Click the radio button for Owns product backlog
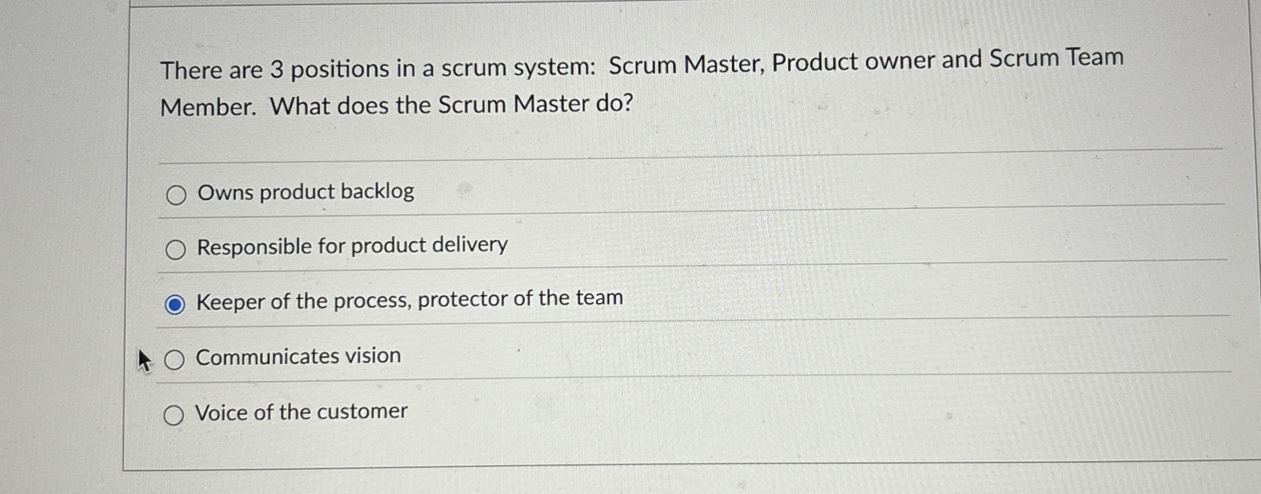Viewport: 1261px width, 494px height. (x=176, y=195)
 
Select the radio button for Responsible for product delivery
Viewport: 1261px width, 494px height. (x=176, y=250)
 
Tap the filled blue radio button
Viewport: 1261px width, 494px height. (x=175, y=305)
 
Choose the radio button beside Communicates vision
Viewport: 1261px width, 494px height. (x=175, y=360)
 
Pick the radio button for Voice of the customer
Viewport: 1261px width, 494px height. (x=173, y=416)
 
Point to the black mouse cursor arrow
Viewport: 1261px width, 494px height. (x=144, y=360)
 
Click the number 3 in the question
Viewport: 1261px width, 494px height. (x=276, y=69)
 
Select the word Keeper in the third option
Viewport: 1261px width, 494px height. (x=230, y=302)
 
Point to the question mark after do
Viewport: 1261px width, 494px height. (x=627, y=103)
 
